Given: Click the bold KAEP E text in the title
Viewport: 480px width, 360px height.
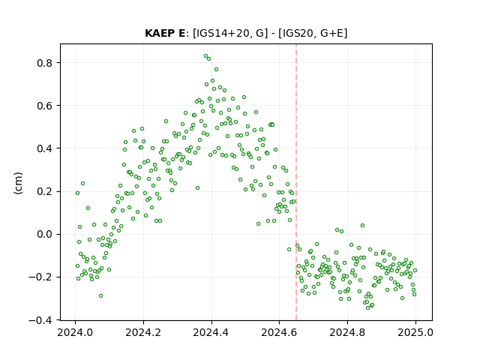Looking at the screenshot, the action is [165, 33].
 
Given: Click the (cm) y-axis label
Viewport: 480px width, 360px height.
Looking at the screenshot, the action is [18, 183].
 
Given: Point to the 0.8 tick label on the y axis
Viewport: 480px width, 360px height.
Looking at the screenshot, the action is [45, 63].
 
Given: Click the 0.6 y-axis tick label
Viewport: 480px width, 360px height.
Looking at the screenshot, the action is [45, 106].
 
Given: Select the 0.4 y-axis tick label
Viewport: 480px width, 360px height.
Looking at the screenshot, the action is [45, 148].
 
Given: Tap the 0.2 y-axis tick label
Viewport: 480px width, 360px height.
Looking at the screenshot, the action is [45, 192].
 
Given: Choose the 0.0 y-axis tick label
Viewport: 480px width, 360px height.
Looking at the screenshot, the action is [45, 235].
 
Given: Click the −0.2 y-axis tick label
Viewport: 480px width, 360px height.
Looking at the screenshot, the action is [41, 277].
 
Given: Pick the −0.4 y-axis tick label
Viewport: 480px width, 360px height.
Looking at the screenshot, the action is [41, 320].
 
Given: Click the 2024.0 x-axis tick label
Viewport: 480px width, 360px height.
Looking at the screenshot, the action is [75, 332].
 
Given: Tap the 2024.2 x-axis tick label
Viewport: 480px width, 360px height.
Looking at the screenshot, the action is [143, 332].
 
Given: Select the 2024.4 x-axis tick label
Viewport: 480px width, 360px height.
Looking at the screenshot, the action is [211, 332].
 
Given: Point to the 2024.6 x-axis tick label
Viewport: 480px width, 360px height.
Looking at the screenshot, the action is [279, 332].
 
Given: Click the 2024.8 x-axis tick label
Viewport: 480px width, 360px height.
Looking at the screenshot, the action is [347, 332].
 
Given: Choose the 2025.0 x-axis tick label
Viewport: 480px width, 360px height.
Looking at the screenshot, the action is [415, 332].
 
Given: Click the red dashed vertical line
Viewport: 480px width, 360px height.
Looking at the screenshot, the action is [296, 182].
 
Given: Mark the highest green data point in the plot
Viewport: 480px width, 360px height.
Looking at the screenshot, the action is [206, 56].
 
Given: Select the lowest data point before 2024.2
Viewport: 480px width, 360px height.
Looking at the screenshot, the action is [100, 295].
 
